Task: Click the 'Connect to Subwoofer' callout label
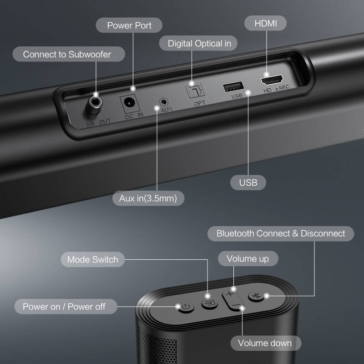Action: pyautogui.click(x=67, y=55)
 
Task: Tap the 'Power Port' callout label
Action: pyautogui.click(x=129, y=25)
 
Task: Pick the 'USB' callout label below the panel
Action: pyautogui.click(x=248, y=182)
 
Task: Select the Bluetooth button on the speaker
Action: pyautogui.click(x=256, y=296)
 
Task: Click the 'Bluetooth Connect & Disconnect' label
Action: pyautogui.click(x=280, y=233)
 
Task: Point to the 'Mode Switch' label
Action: pyautogui.click(x=92, y=260)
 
